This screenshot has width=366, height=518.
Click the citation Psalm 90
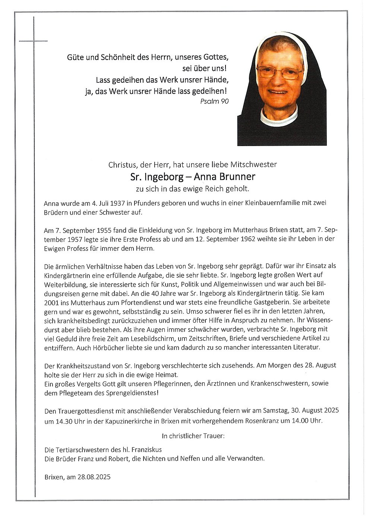(214, 101)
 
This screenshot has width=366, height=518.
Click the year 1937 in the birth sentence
(115, 203)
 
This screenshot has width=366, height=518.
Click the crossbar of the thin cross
(34, 41)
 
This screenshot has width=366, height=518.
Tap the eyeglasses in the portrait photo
(279, 72)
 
